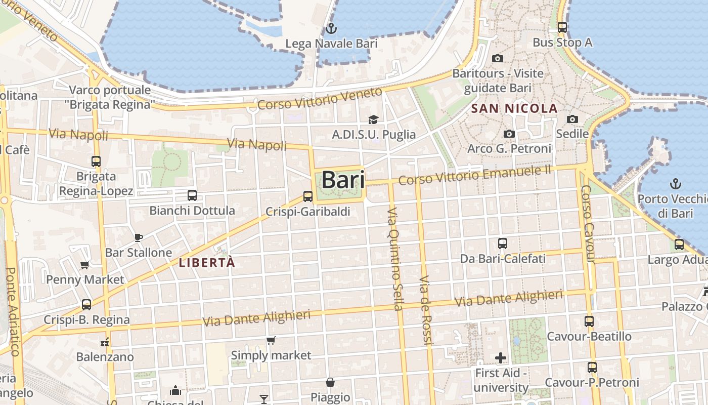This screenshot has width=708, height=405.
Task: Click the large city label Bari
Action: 343,180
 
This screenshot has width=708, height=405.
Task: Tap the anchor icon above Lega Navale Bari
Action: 331,28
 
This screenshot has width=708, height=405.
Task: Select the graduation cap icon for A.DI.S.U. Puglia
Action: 373,119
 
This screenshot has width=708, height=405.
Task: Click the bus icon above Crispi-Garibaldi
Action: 308,196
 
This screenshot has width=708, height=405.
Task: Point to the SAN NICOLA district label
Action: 514,108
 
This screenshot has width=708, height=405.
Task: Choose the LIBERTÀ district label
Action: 207,263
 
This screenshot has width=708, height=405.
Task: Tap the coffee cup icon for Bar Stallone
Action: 139,237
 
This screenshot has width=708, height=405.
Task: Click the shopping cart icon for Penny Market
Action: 85,265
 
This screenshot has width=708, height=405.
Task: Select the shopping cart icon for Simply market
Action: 271,340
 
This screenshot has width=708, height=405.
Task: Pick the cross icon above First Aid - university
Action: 501,358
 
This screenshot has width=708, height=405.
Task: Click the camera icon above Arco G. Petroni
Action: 509,134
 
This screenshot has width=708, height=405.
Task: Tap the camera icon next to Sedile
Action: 572,119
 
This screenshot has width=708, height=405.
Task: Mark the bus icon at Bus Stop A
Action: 562,27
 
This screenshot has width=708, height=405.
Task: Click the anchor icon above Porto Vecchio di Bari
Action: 675,183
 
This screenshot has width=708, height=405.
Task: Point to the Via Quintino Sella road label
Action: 395,259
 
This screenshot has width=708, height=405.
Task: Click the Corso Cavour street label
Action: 588,224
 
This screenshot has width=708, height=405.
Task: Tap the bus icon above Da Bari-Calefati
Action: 503,244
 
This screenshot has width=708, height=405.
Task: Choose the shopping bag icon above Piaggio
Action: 330,382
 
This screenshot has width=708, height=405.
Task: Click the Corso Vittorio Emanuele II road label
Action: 474,175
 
